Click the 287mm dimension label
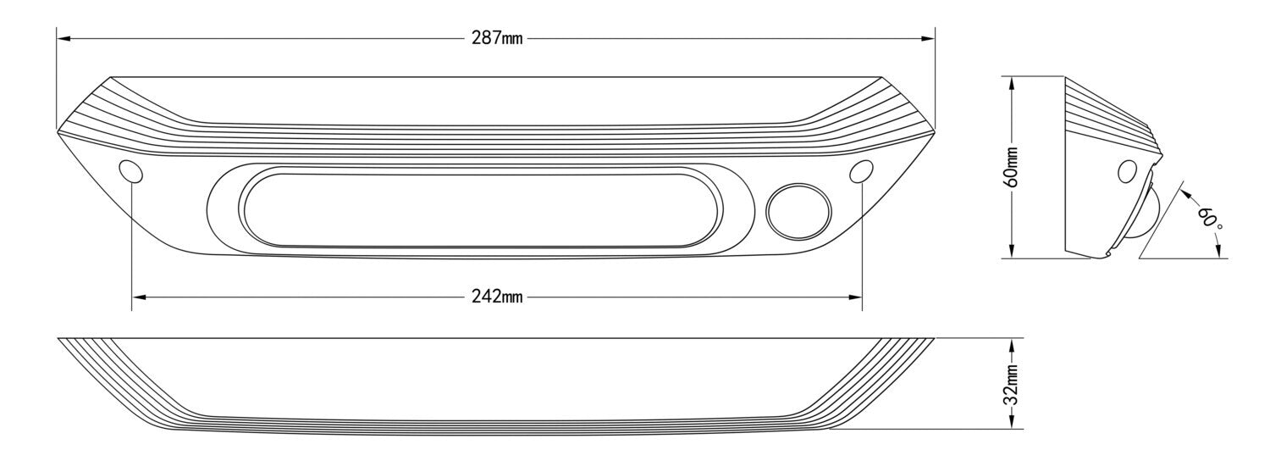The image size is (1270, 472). [x=497, y=39]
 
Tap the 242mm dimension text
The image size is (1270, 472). [x=497, y=297]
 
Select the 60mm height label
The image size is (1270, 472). [x=1013, y=167]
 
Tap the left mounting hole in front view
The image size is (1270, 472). [x=131, y=171]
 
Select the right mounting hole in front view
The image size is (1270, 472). [x=862, y=171]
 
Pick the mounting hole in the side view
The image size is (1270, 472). [x=1127, y=172]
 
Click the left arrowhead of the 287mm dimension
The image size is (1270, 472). [x=63, y=39]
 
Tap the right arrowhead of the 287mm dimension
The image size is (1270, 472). [x=928, y=39]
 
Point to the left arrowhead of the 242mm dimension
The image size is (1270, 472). [x=138, y=297]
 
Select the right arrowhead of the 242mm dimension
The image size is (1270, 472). [x=855, y=297]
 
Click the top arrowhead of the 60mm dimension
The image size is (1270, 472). [x=1013, y=84]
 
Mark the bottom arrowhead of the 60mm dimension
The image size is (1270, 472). [x=1013, y=252]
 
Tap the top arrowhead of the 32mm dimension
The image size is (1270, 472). [x=1013, y=345]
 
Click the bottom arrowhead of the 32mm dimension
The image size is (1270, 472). [x=1013, y=421]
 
